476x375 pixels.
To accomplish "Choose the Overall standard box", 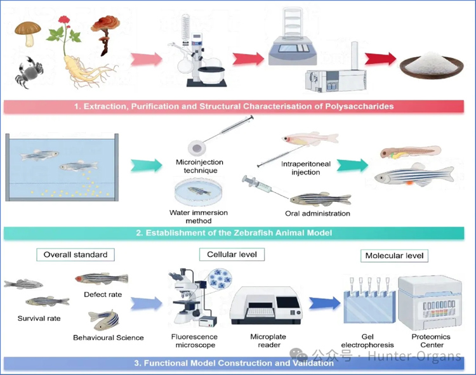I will (76, 255).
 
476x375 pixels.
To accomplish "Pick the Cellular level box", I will (232, 254).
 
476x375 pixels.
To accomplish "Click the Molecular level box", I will (394, 256).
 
